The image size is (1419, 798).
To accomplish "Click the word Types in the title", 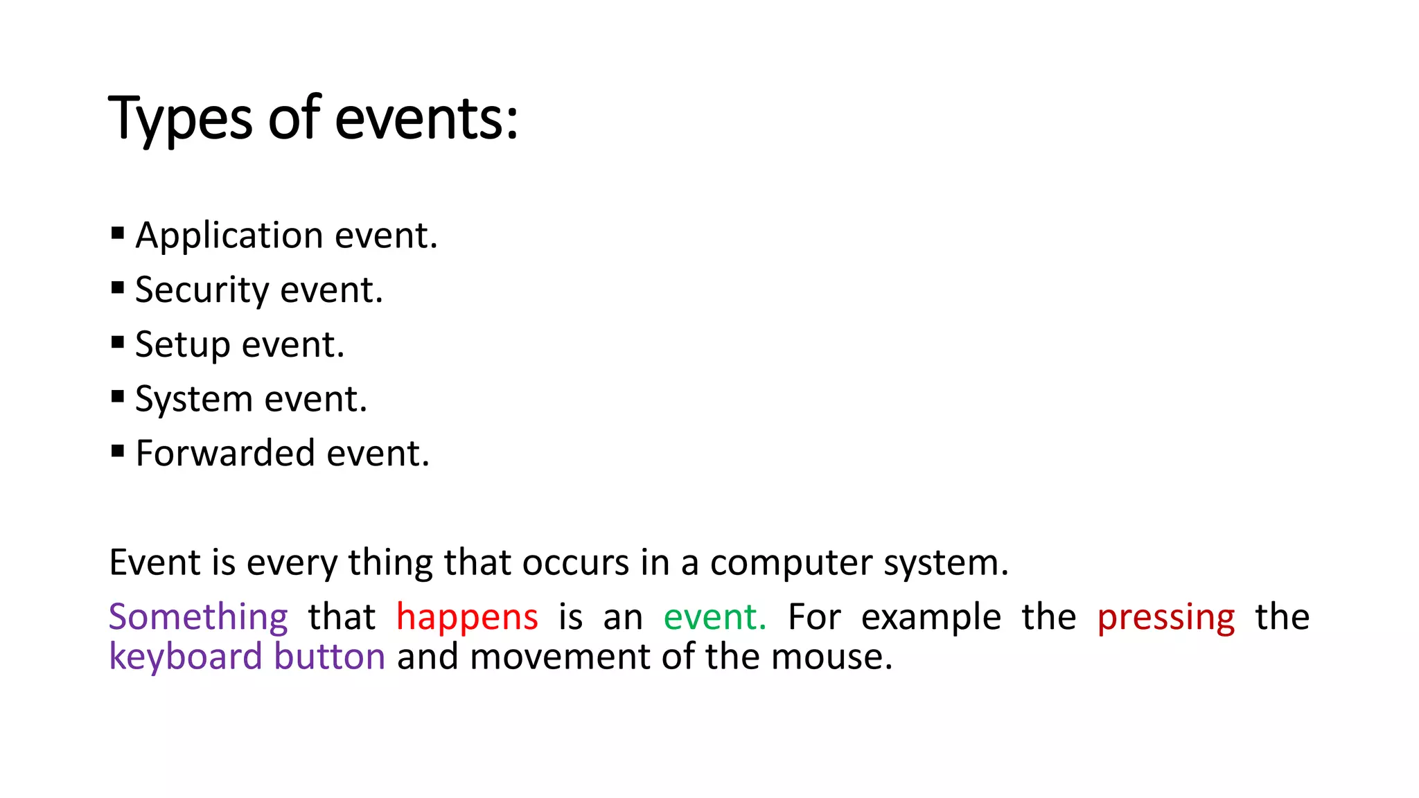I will tap(180, 119).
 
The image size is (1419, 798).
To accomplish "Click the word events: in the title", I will tap(426, 119).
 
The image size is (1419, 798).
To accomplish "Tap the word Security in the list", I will tap(202, 290).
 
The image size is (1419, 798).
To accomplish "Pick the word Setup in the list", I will tap(182, 345).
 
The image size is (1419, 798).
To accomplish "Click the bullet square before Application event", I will tap(117, 233).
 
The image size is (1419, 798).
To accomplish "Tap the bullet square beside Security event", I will tap(117, 287).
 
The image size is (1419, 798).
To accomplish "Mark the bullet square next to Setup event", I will tap(117, 342).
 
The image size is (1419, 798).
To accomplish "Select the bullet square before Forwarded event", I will tap(117, 451).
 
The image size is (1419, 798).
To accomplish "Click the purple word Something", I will tap(198, 617).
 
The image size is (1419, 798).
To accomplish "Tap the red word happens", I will tap(467, 617).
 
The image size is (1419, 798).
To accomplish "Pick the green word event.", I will tap(714, 617).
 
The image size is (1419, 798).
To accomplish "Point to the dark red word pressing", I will tap(1166, 617).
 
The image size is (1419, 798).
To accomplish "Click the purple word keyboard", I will tap(184, 657).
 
